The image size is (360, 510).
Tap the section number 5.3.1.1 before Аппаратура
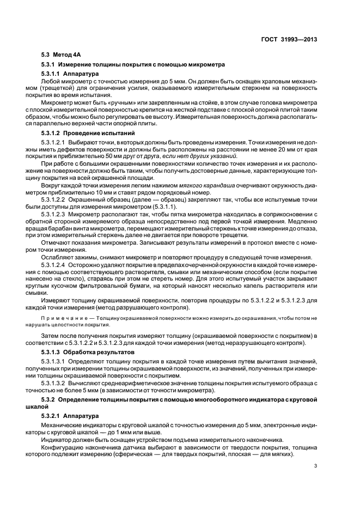point(51,73)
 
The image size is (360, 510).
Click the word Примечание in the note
point(62,317)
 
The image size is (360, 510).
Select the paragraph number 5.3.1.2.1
point(54,142)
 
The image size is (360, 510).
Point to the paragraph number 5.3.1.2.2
point(54,200)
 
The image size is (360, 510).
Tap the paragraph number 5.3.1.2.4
point(54,264)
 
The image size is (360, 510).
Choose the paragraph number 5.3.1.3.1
point(54,361)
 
